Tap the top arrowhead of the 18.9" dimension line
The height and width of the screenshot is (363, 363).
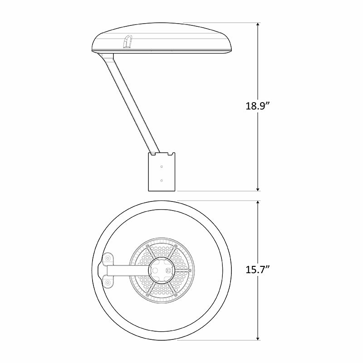[258, 25]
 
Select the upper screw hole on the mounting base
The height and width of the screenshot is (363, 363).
[162, 167]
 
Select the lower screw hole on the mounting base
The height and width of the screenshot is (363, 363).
[162, 180]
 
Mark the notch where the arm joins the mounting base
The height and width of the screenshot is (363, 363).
[162, 154]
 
